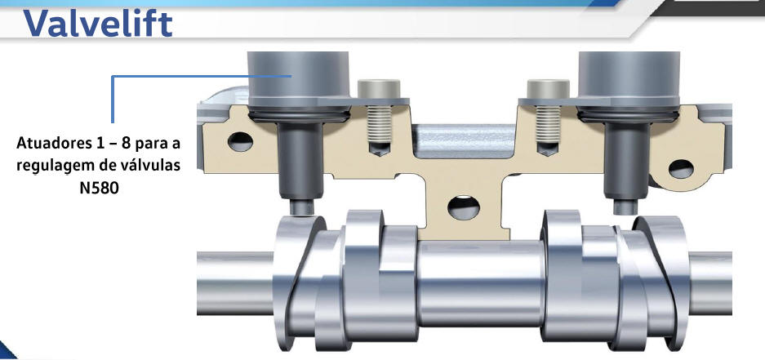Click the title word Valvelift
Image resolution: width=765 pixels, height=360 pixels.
pyautogui.click(x=98, y=23)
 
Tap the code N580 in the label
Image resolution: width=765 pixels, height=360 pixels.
pyautogui.click(x=99, y=188)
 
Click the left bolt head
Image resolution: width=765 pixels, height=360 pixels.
pyautogui.click(x=379, y=89)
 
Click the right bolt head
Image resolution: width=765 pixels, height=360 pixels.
pyautogui.click(x=548, y=89)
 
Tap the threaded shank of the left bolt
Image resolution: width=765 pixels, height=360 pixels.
pyautogui.click(x=379, y=124)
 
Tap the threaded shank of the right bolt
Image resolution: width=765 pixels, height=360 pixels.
pyautogui.click(x=548, y=124)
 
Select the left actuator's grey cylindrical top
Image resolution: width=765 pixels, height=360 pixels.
pyautogui.click(x=298, y=79)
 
